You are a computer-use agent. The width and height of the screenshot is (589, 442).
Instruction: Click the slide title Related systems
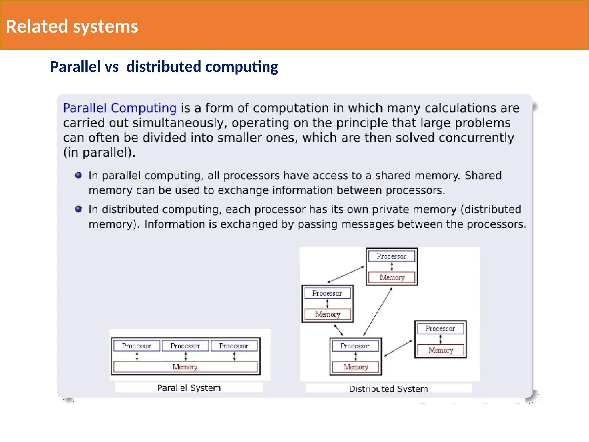[x=72, y=26]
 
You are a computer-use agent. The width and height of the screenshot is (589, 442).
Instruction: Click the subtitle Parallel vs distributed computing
[x=164, y=67]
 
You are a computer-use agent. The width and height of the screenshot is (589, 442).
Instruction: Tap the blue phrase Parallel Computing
[x=120, y=108]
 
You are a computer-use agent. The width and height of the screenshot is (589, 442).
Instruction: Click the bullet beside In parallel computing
[x=79, y=175]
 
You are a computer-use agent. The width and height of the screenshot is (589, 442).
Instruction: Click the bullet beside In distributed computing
[x=79, y=209]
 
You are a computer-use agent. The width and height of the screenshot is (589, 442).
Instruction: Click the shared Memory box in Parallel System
[x=185, y=367]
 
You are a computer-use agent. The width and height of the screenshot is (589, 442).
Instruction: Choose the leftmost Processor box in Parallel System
[x=137, y=346]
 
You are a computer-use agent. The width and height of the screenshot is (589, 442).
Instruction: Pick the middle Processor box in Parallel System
[x=185, y=346]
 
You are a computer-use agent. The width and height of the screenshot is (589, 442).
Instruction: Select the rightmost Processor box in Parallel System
[x=234, y=346]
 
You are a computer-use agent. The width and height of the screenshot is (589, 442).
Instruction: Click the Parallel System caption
[x=189, y=388]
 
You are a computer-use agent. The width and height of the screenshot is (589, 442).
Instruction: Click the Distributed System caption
[x=388, y=389]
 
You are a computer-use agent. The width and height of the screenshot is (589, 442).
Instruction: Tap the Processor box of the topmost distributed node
[x=391, y=256]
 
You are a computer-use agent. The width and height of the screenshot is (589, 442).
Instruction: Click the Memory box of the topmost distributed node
[x=392, y=277]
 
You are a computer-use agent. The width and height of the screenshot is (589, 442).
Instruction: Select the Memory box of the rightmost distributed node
[x=441, y=350]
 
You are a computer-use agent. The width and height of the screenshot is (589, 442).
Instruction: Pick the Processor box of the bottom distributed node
[x=355, y=346]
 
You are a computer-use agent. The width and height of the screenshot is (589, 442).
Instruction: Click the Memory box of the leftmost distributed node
[x=328, y=314]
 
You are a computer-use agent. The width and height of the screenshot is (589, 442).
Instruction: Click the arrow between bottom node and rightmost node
[x=398, y=348]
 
